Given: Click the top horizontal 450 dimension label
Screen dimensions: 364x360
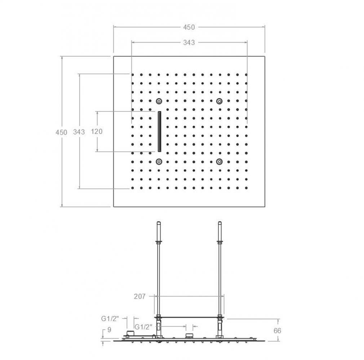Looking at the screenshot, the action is point(189,27).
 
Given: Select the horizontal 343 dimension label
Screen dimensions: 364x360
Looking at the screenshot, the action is point(189,42).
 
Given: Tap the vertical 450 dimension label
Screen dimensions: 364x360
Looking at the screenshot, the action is point(61,132).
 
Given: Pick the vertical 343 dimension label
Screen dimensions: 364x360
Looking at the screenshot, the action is point(79,132).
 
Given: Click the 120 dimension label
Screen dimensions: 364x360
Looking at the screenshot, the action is point(97,131).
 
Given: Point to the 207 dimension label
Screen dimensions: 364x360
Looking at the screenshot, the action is point(139,296).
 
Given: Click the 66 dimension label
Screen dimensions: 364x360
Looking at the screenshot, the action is point(278,330).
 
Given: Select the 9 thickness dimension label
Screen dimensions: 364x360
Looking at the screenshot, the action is point(110,330).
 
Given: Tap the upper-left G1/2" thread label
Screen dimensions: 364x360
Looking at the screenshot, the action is point(110,319).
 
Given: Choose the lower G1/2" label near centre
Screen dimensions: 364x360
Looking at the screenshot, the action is point(143,327).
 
